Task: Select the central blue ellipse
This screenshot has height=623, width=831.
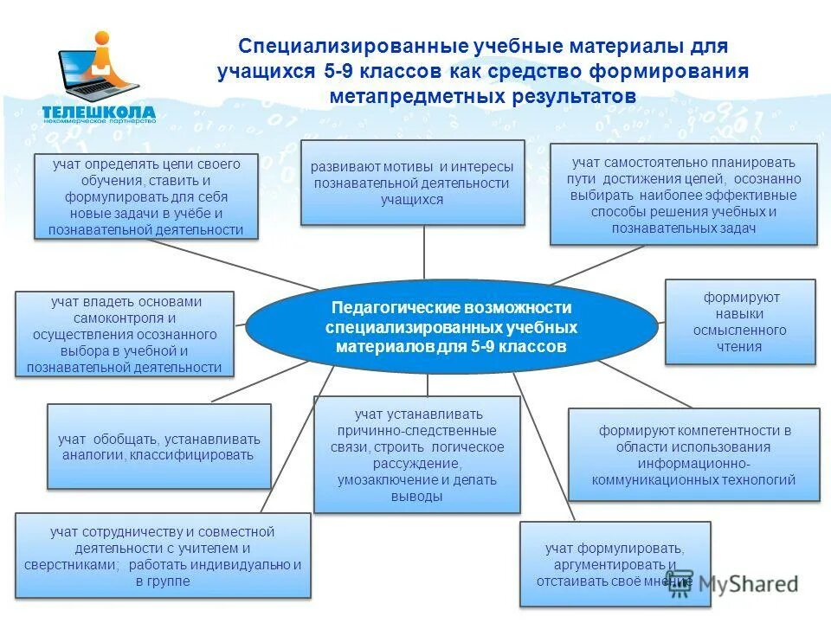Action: (x=451, y=328)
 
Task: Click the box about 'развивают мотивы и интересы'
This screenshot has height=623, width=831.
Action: (x=412, y=183)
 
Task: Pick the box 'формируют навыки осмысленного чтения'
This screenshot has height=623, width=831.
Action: (x=739, y=321)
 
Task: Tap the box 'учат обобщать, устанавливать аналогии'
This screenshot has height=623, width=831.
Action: (x=158, y=446)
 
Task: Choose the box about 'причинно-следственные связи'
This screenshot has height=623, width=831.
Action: (x=416, y=454)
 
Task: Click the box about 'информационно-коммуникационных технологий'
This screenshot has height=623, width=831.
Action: (x=692, y=454)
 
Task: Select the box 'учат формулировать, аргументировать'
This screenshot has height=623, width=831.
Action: (x=615, y=564)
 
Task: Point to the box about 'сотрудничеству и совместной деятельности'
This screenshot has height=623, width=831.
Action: (x=162, y=556)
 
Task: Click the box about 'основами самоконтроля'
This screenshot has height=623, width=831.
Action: (x=125, y=334)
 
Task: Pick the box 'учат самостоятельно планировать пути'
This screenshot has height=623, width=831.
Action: (x=683, y=195)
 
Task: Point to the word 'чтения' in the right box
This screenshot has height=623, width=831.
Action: (x=739, y=347)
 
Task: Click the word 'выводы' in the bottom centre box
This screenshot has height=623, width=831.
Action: (x=416, y=496)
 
